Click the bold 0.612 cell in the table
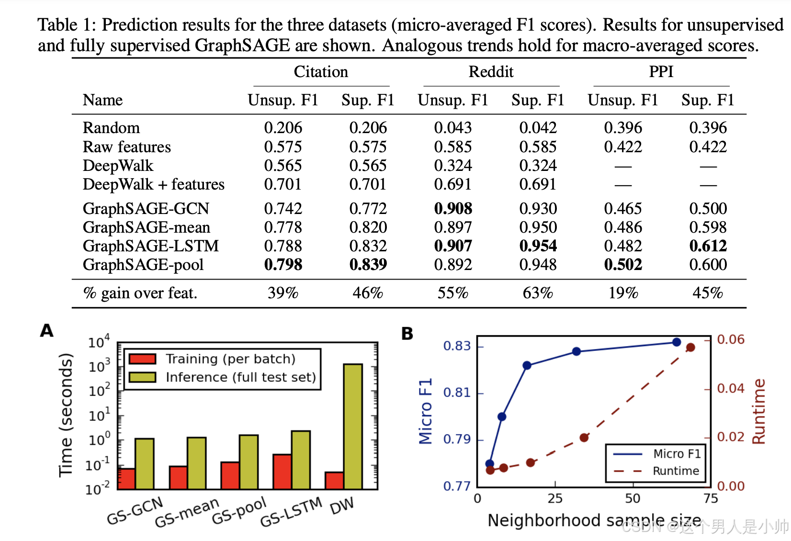tap(708, 246)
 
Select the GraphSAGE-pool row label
tap(143, 265)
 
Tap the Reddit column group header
tap(491, 72)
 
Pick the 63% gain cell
tap(538, 293)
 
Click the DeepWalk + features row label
tap(153, 184)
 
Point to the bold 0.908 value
tap(453, 209)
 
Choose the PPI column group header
tap(661, 72)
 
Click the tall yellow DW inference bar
tap(353, 426)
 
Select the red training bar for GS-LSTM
tap(282, 471)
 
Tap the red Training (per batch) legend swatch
tap(142, 359)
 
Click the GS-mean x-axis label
tap(187, 512)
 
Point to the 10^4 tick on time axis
tap(99, 342)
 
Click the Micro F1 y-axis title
tap(425, 411)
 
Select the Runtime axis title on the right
tap(759, 411)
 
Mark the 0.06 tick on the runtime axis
tap(731, 339)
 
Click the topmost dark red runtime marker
tap(690, 348)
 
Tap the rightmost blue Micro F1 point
tap(677, 342)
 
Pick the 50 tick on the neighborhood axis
tap(633, 499)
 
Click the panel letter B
tap(407, 334)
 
